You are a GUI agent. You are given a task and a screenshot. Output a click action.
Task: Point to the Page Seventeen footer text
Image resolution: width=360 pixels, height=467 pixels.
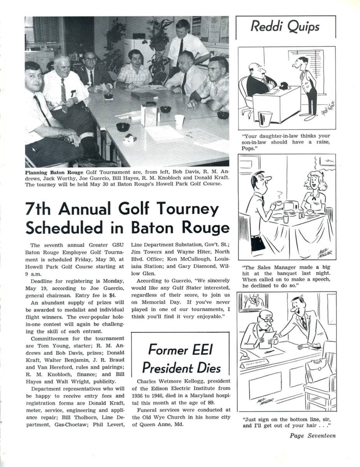312,435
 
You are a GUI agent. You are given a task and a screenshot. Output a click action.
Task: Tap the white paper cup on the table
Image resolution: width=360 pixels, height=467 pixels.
179,121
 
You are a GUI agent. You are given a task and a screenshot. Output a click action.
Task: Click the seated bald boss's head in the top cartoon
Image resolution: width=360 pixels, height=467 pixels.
255,70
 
